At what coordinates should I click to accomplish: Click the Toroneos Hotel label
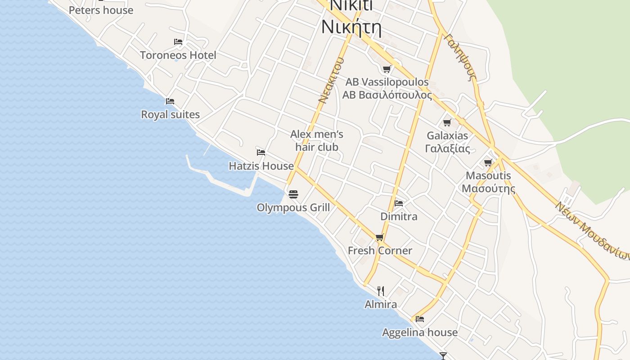tap(178, 55)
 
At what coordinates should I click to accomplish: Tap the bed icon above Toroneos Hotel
tap(178, 42)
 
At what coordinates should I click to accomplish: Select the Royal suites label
tap(170, 115)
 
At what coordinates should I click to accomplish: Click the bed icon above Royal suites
tap(170, 101)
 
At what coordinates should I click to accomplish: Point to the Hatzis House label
tap(261, 166)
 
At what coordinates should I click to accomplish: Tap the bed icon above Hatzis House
tap(261, 152)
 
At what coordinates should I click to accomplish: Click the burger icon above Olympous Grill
tap(293, 194)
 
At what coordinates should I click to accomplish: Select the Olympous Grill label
tap(293, 207)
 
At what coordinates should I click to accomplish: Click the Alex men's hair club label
tap(317, 140)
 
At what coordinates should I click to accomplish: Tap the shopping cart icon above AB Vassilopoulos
tap(387, 69)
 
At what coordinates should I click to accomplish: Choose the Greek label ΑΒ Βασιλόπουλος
tap(387, 95)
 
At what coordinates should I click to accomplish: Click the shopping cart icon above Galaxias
tap(447, 122)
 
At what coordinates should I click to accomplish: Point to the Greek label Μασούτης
tap(488, 188)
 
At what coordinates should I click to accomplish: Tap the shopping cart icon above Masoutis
tap(488, 162)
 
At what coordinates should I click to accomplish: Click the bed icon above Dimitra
tap(399, 203)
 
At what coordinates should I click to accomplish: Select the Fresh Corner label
tap(380, 251)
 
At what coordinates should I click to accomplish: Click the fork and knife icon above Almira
tap(381, 291)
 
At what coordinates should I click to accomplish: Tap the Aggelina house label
tap(420, 333)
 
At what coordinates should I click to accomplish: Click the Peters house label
tap(101, 10)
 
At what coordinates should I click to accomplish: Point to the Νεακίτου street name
tap(331, 81)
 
